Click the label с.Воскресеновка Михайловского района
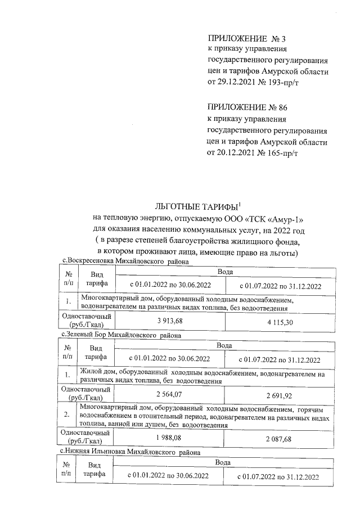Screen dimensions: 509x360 click(125, 261)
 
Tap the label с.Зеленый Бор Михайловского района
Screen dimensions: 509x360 click(121, 335)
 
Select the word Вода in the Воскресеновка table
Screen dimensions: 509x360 click(224, 272)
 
